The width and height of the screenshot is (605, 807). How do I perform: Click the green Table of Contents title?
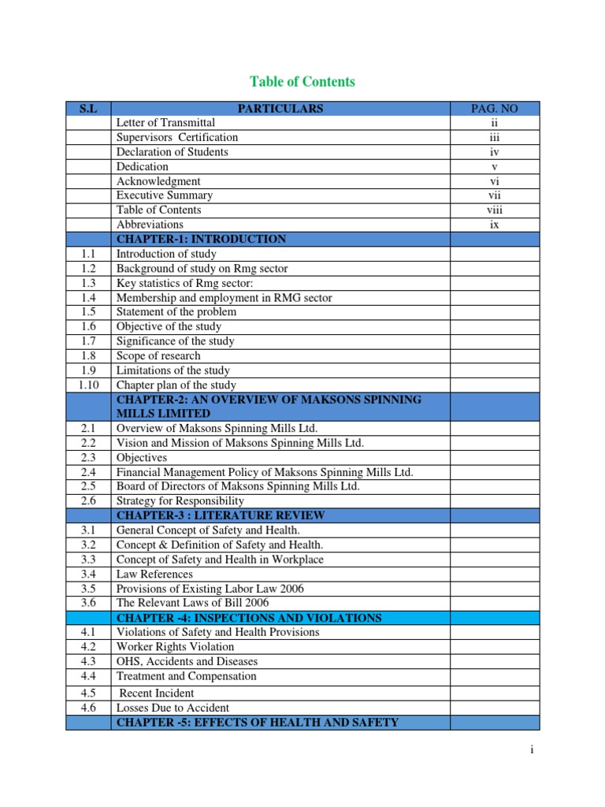pyautogui.click(x=302, y=81)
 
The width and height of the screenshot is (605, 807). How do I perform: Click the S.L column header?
pyautogui.click(x=87, y=108)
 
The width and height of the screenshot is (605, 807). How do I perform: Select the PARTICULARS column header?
pyautogui.click(x=280, y=108)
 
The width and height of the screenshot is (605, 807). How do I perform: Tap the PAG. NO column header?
pyautogui.click(x=494, y=108)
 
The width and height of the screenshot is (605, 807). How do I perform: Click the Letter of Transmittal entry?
pyautogui.click(x=165, y=123)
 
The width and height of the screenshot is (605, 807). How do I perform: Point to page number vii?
pyautogui.click(x=494, y=195)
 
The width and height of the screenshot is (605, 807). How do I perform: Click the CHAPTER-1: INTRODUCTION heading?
pyautogui.click(x=201, y=239)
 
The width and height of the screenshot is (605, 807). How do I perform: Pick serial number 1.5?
pyautogui.click(x=87, y=312)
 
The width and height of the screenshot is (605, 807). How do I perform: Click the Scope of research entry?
pyautogui.click(x=158, y=355)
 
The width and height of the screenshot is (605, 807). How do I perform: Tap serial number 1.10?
pyautogui.click(x=87, y=385)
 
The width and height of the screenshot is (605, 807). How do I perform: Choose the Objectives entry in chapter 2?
pyautogui.click(x=142, y=457)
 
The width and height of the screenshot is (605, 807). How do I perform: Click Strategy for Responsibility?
pyautogui.click(x=180, y=500)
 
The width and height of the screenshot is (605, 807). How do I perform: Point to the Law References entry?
pyautogui.click(x=154, y=574)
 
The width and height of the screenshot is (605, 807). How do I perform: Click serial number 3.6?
pyautogui.click(x=87, y=603)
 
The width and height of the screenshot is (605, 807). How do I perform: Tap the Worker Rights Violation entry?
pyautogui.click(x=175, y=646)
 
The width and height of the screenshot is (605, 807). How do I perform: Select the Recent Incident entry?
pyautogui.click(x=157, y=693)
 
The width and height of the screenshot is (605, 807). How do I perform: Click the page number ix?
pyautogui.click(x=494, y=225)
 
